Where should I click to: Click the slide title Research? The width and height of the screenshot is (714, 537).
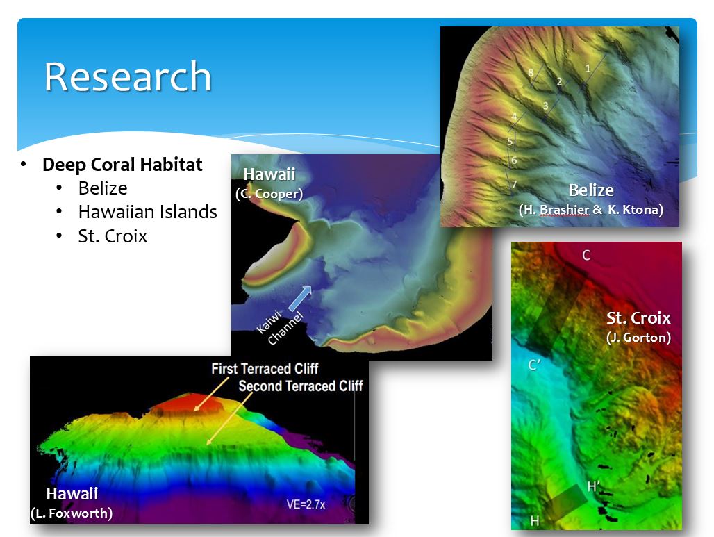point(128,76)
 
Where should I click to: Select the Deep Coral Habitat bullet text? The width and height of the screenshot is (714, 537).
point(122,165)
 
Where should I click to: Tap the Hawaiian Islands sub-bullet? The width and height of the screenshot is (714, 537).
point(147,212)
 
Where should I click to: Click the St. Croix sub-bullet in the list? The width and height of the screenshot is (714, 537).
point(113,236)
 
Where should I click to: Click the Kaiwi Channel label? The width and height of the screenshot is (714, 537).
point(280,327)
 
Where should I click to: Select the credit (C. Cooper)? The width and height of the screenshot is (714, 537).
point(269,194)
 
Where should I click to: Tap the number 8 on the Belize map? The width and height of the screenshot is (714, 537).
point(531,72)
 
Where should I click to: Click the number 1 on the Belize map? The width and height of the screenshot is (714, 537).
point(588,68)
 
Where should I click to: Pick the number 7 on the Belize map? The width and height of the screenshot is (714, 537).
point(514,184)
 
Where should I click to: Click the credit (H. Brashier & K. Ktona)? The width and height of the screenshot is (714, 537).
point(591,210)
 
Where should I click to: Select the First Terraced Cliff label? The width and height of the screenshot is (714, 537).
point(265,368)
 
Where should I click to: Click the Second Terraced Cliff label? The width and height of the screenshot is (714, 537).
point(301,386)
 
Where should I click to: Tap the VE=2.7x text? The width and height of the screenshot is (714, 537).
point(306,504)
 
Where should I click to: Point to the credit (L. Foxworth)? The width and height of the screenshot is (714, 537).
point(72,513)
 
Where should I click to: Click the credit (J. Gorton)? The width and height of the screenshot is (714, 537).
point(638,338)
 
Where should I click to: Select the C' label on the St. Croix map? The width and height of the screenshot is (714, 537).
point(534,365)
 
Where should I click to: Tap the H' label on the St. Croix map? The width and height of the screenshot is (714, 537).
point(594,486)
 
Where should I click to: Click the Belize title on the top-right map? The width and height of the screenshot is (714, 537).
point(591,190)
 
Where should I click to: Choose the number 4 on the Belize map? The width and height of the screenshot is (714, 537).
point(514,117)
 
